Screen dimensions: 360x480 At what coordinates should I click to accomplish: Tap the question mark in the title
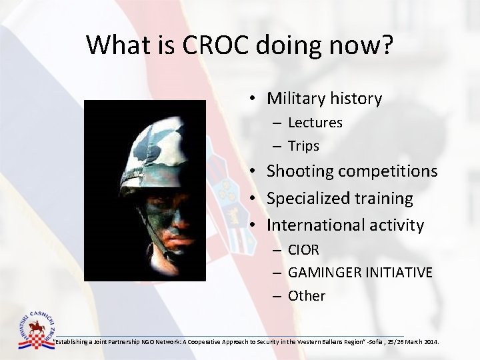pyautogui.click(x=387, y=45)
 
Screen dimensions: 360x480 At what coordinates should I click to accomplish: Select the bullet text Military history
pyautogui.click(x=324, y=99)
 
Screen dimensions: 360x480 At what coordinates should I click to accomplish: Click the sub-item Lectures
pyautogui.click(x=315, y=123)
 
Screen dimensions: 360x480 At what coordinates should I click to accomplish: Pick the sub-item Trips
pyautogui.click(x=303, y=146)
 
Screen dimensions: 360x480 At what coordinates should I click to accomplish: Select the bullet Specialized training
pyautogui.click(x=339, y=199)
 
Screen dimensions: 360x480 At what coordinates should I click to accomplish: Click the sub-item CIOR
pyautogui.click(x=303, y=250)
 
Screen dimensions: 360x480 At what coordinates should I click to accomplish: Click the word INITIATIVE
pyautogui.click(x=401, y=273)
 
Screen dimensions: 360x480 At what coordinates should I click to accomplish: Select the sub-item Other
pyautogui.click(x=306, y=296)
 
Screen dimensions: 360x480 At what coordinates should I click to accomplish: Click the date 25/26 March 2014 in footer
pyautogui.click(x=415, y=342)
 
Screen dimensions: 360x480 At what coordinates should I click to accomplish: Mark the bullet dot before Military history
pyautogui.click(x=254, y=99)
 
